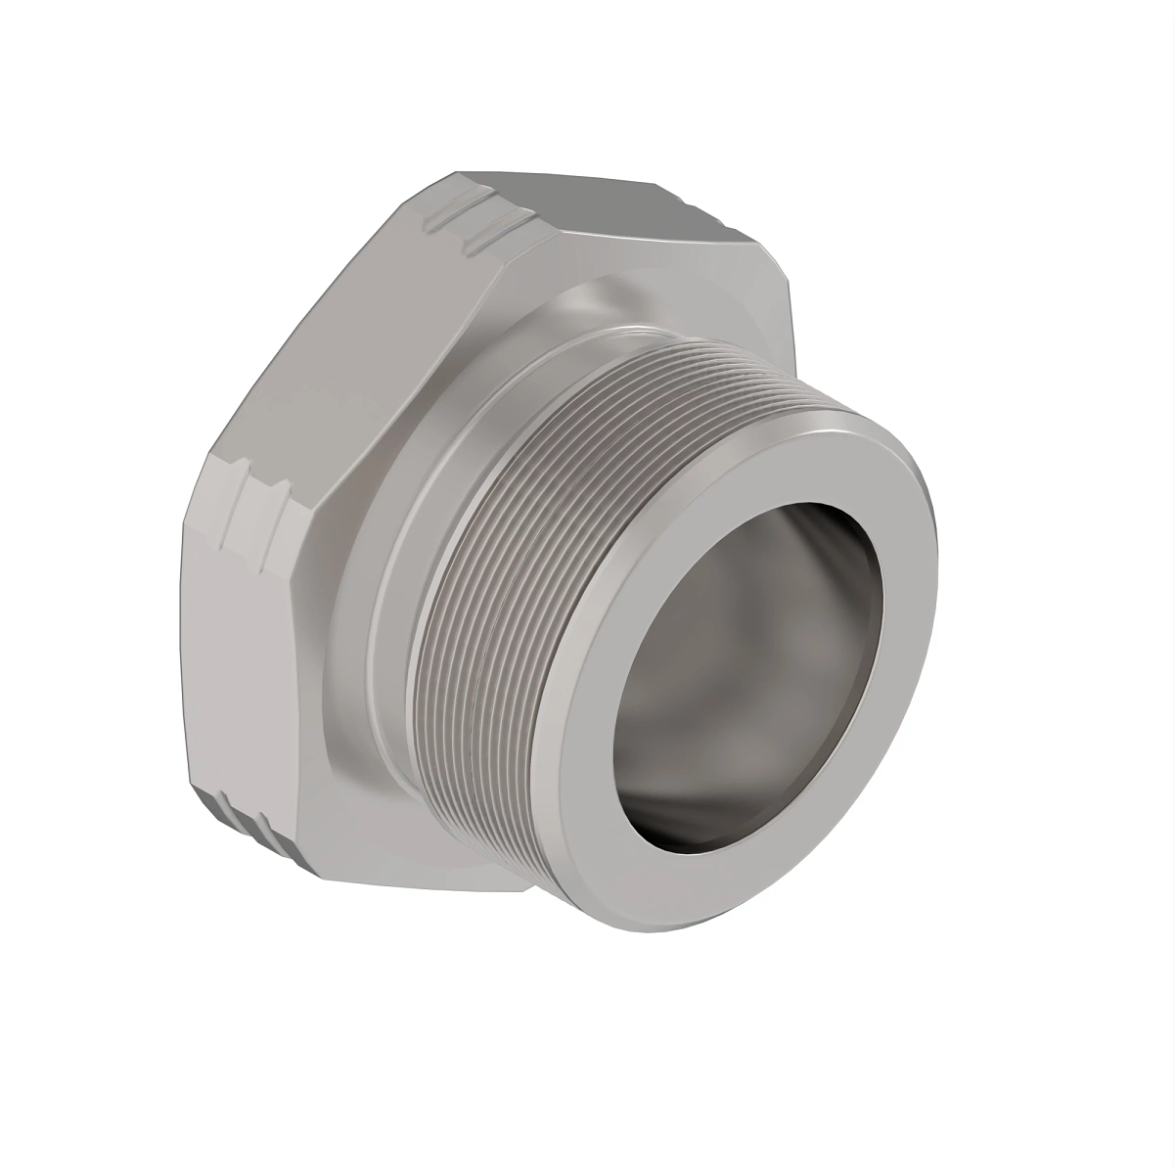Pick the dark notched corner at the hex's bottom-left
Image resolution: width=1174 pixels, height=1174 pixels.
245,817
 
